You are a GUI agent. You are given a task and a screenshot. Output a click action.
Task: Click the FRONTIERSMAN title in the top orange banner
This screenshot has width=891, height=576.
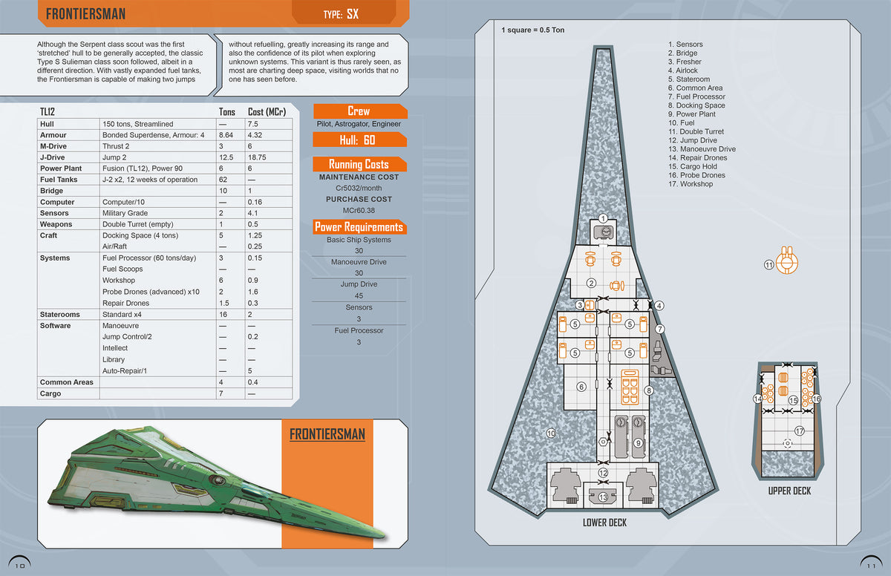click(85, 13)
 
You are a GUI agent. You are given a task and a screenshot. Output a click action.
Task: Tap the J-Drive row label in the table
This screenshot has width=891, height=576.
click(53, 157)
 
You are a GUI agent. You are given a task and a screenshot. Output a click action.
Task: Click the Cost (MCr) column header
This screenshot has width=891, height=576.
click(267, 111)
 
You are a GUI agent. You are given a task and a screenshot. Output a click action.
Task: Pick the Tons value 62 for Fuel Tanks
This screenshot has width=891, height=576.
click(223, 180)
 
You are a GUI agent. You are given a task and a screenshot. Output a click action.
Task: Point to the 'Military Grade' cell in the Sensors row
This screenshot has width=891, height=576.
click(125, 213)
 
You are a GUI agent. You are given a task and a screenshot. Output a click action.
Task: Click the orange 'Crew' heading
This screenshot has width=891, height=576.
click(359, 111)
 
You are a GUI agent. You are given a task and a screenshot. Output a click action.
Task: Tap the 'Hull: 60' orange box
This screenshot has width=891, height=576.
click(359, 139)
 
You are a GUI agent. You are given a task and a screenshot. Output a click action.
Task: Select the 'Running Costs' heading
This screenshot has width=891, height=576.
click(359, 164)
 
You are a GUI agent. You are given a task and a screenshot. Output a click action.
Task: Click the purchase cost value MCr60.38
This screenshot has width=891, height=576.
click(359, 211)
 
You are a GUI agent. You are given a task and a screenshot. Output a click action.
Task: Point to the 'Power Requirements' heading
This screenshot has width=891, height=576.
click(359, 227)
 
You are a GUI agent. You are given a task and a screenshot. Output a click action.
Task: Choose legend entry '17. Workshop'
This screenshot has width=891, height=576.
click(691, 184)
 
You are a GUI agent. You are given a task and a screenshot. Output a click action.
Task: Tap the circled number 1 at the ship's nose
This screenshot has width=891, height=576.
click(604, 218)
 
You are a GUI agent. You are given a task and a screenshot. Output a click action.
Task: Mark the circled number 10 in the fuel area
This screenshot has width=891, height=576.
click(552, 433)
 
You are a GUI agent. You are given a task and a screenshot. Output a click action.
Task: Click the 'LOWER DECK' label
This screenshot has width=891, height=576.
click(604, 523)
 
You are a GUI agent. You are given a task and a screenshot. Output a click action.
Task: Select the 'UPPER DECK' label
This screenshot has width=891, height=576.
click(789, 491)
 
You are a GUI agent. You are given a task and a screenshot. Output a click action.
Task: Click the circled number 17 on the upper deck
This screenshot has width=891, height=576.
click(800, 431)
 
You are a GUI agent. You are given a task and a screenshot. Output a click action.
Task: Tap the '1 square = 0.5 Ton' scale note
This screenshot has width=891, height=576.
click(533, 30)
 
